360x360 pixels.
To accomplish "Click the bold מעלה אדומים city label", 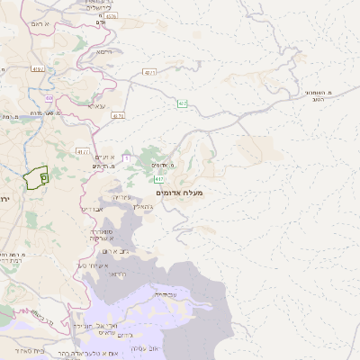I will pos(180,193).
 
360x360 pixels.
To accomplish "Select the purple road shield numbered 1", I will pos(126,158).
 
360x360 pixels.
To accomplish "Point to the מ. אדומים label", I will pos(162,165).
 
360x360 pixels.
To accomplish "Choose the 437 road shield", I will pos(148,73).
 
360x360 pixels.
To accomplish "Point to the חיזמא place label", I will pos(103,52).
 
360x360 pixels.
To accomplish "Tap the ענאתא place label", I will pos(96,106).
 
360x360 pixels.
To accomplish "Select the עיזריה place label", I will pos(122,197).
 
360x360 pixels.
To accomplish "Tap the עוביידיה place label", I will pos(164,294).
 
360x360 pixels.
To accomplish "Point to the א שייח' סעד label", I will pos(93,265).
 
